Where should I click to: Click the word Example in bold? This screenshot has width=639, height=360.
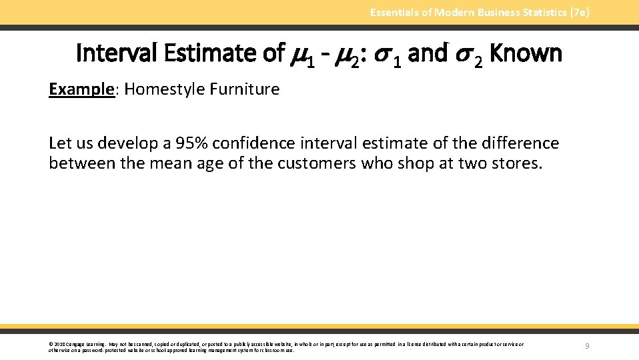[x=81, y=89]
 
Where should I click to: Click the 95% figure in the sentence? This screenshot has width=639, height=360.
[x=193, y=143]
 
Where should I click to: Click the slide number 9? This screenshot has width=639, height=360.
[x=586, y=346]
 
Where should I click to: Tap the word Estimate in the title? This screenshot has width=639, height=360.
[x=213, y=53]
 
